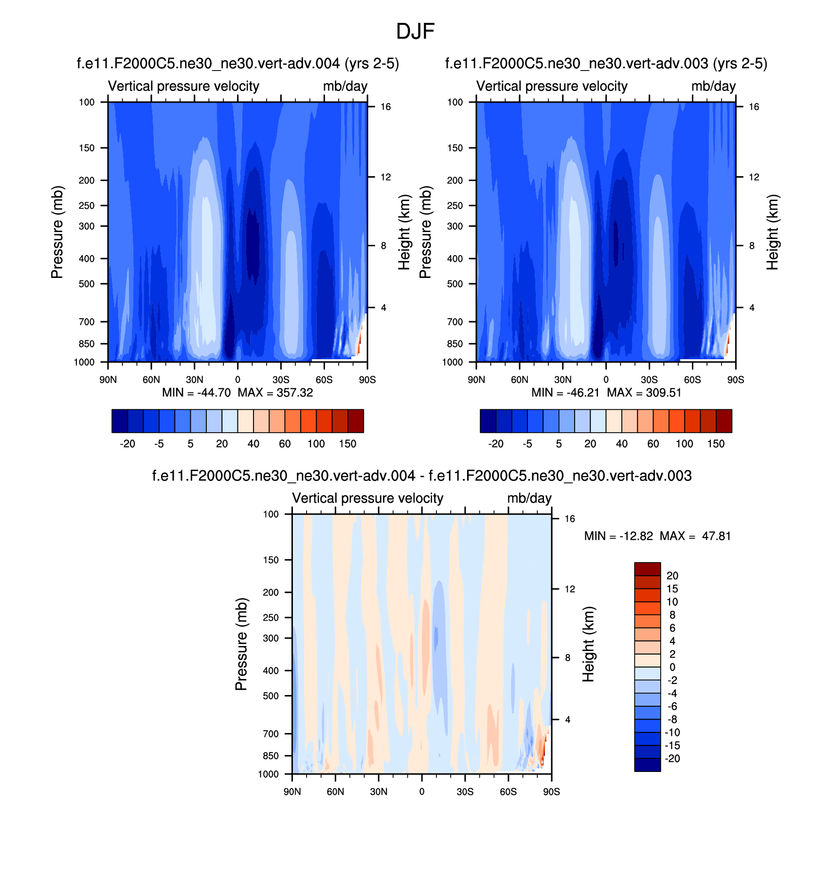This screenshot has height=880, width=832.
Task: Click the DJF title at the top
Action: click(415, 32)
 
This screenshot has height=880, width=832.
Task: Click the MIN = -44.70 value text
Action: click(196, 393)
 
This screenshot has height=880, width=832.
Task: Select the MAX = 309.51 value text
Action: click(644, 393)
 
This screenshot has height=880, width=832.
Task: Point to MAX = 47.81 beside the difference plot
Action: click(695, 536)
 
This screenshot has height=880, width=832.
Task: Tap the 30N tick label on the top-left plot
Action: click(194, 380)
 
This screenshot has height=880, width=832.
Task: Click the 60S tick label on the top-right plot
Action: click(692, 380)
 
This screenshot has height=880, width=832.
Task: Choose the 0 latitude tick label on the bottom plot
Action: click(422, 792)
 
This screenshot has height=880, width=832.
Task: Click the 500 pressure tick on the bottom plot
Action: click(271, 696)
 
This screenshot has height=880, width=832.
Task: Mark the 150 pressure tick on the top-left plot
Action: click(87, 148)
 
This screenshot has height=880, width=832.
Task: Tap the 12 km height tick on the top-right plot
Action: click(754, 177)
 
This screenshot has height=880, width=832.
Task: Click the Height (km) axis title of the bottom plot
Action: click(589, 644)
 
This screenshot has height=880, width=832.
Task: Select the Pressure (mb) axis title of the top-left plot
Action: click(57, 232)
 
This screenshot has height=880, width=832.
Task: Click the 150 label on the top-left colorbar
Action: click(347, 444)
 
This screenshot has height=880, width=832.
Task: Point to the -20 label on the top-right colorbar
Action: click(496, 444)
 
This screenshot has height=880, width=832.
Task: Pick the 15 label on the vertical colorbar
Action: click(672, 589)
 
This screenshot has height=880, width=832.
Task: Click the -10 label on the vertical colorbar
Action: click(672, 733)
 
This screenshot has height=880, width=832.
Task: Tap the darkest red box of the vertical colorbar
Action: click(647, 569)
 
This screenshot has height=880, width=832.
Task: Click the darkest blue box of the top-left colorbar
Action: click(120, 421)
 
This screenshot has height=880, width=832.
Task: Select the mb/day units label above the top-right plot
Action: click(713, 86)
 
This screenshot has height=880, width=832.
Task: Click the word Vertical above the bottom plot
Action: click(312, 498)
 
